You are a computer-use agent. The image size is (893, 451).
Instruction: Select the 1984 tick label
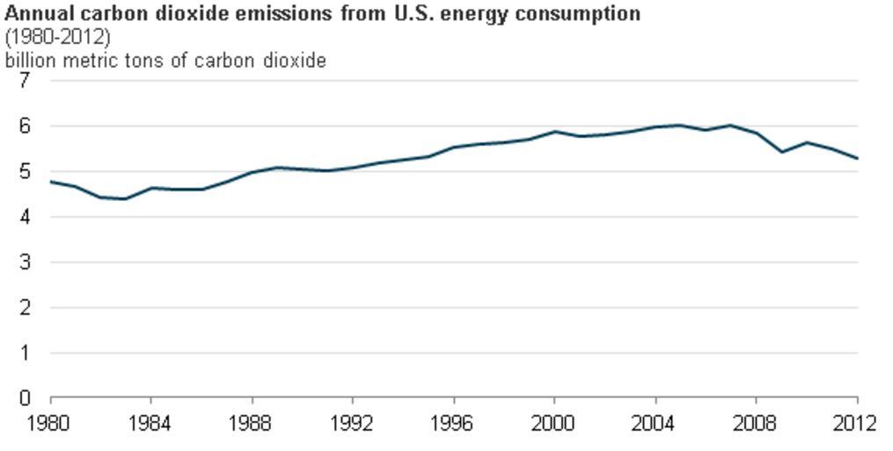tap(150, 424)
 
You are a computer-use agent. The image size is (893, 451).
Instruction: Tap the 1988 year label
tap(252, 424)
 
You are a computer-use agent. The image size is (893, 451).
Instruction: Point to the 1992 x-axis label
tap(353, 424)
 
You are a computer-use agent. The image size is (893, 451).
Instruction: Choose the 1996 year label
tap(453, 424)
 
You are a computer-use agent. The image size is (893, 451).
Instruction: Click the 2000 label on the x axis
tap(554, 424)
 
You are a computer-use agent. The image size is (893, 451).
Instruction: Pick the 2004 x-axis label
tap(655, 424)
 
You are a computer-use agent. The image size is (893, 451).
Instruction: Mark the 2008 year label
tap(756, 424)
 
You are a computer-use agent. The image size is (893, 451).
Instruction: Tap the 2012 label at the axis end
tap(857, 424)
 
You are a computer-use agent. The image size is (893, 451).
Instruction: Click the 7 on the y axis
tap(25, 80)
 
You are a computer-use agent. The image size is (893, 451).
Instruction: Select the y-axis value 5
tap(25, 172)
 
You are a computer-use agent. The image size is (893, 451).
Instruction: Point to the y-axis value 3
tap(25, 262)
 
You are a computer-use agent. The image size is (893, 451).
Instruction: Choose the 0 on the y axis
tap(25, 399)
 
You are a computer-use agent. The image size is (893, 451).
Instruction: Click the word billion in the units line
tap(27, 61)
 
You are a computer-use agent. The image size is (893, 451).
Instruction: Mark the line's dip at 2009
tap(782, 152)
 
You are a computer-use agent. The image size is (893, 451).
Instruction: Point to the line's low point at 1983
tap(126, 199)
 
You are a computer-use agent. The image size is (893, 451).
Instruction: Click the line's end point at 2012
tap(857, 159)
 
